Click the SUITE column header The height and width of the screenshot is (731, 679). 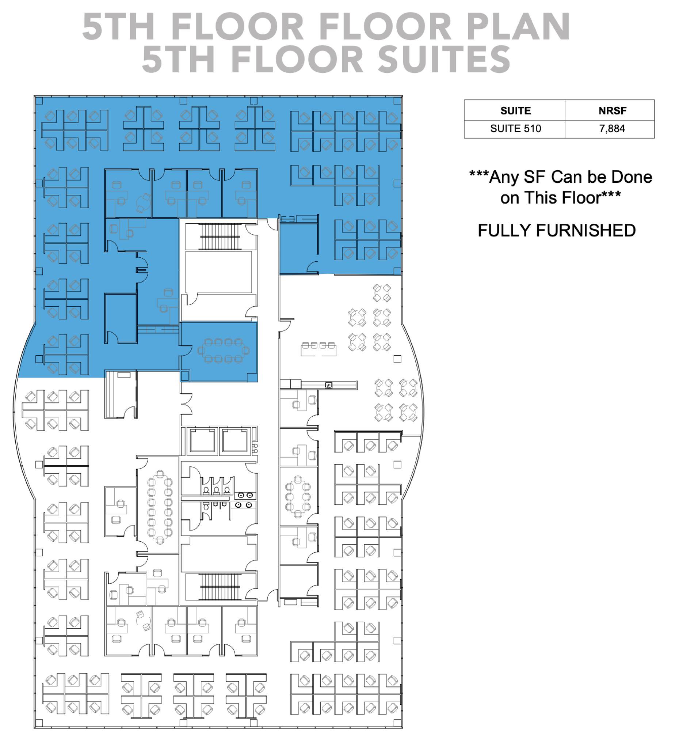515,110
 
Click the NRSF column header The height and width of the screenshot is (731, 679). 612,110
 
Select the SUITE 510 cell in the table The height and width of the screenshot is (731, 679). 515,128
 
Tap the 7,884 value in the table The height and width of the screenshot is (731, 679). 612,128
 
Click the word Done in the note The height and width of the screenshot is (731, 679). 632,177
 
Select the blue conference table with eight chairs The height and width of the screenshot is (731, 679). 224,351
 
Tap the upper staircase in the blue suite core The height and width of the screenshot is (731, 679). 220,237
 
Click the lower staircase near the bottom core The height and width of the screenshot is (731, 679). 220,587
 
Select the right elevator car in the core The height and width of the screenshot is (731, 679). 235,440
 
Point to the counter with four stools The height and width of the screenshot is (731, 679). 318,349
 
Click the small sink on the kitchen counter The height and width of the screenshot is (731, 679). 329,385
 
